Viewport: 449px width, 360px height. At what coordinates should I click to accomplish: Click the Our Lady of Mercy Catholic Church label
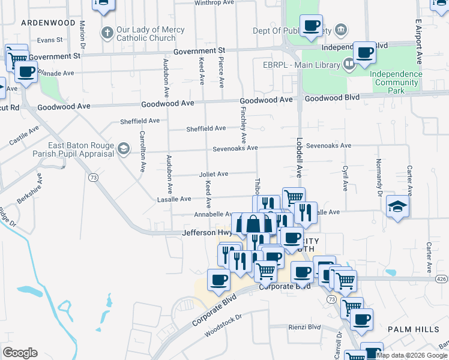pyautogui.click(x=146, y=34)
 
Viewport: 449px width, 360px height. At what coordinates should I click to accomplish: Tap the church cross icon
pyautogui.click(x=107, y=32)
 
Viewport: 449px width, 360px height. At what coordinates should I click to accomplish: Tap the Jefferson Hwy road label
pyautogui.click(x=207, y=232)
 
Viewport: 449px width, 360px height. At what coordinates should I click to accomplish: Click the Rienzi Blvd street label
pyautogui.click(x=306, y=327)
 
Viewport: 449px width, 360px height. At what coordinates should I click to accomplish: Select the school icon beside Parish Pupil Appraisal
pyautogui.click(x=123, y=148)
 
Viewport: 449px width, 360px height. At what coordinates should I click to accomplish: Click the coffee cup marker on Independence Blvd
pyautogui.click(x=364, y=52)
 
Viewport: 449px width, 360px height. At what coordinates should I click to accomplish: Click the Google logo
pyautogui.click(x=20, y=353)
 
